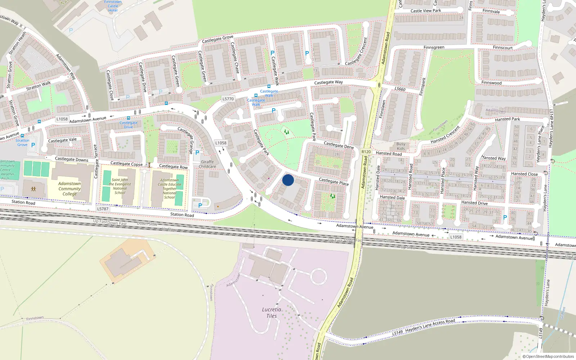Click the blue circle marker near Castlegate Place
(288, 180)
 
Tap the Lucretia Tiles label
(271, 312)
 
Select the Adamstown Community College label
(69, 189)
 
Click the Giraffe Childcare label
(207, 164)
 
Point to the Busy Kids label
(401, 146)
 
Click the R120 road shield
(366, 152)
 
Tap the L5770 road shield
(228, 99)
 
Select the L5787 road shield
(103, 209)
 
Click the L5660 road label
(400, 89)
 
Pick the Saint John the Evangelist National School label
(120, 186)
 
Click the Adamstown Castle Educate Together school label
(170, 189)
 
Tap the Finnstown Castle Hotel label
(113, 6)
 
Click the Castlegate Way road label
(328, 82)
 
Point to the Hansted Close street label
(524, 174)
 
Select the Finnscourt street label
(503, 48)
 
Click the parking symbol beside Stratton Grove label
(33, 145)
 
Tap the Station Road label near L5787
(182, 215)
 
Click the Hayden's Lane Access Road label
(430, 326)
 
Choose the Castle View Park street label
(426, 11)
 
